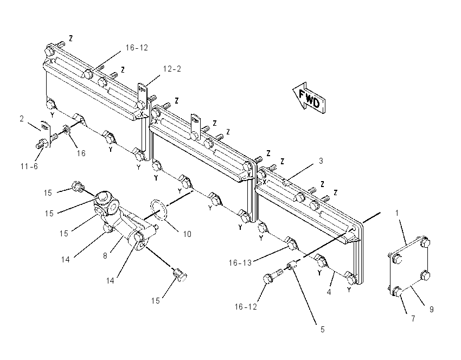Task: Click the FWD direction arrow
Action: click(x=309, y=98)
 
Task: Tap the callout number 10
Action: click(x=187, y=234)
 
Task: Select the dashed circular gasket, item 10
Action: click(x=159, y=209)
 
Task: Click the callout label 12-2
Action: click(x=172, y=69)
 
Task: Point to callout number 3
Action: click(x=321, y=160)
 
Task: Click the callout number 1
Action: click(x=397, y=213)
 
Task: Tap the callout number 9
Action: click(x=431, y=309)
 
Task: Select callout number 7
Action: click(x=413, y=319)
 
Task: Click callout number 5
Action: click(x=322, y=330)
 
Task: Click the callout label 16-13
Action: click(x=240, y=263)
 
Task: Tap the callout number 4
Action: click(x=329, y=292)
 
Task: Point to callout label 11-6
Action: click(x=29, y=166)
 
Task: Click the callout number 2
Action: click(x=22, y=119)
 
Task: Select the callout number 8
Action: click(x=105, y=256)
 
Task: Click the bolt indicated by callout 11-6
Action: click(x=43, y=144)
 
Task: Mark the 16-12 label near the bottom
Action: click(x=246, y=307)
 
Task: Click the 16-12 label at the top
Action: click(x=137, y=48)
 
